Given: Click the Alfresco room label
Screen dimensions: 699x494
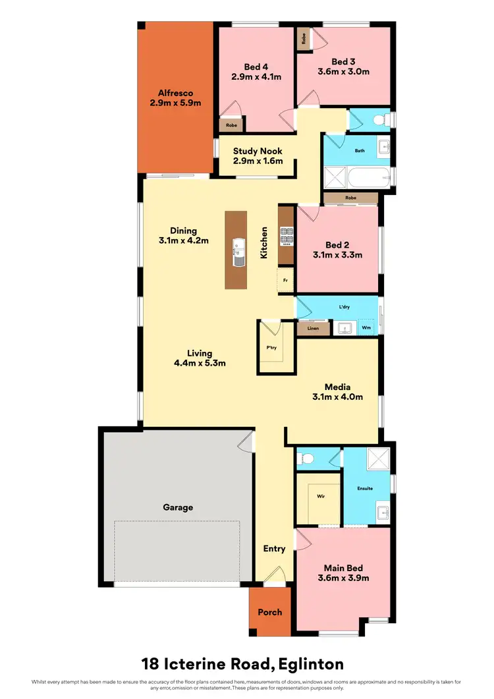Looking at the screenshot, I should click(x=175, y=93).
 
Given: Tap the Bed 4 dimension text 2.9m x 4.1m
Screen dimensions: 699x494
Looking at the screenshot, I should click(x=256, y=76).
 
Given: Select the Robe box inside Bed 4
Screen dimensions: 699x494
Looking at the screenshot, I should click(x=231, y=124).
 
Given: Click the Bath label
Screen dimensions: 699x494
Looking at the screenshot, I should click(x=360, y=151).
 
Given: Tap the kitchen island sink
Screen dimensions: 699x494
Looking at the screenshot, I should click(x=237, y=254).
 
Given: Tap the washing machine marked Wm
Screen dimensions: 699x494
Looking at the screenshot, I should click(x=366, y=327).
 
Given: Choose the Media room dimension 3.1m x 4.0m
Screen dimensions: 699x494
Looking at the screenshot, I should click(x=337, y=397).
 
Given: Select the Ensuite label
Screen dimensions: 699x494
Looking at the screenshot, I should click(x=366, y=488).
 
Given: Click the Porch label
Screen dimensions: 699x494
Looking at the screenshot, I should click(x=269, y=612).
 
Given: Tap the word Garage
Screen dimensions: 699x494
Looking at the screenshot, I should click(x=178, y=507).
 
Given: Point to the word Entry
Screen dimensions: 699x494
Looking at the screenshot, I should click(x=274, y=549).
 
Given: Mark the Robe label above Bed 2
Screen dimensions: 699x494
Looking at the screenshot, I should click(x=350, y=197).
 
